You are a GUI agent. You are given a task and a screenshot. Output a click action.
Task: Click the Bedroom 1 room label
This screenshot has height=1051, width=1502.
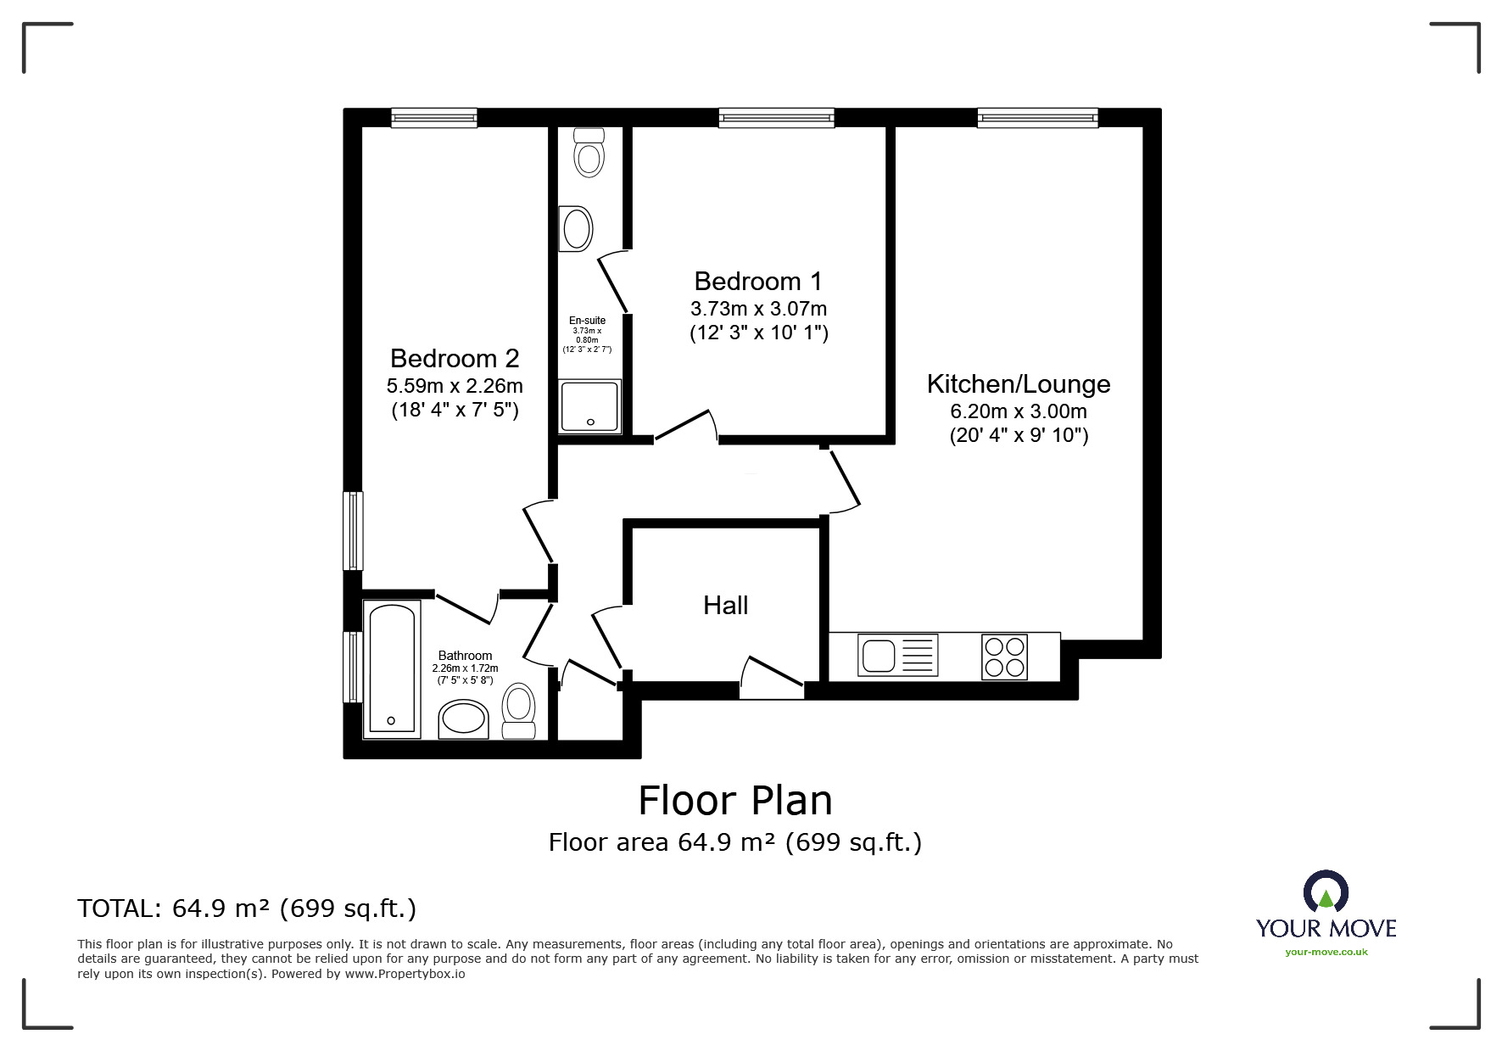tap(758, 281)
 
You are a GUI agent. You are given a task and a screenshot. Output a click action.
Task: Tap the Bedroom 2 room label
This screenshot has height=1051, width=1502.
tap(455, 358)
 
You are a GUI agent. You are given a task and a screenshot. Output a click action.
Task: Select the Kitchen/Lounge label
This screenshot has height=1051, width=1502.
tap(1019, 383)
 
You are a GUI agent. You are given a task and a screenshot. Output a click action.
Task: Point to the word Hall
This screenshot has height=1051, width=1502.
tap(726, 605)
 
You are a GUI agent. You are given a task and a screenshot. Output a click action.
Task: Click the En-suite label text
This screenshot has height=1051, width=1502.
tap(587, 321)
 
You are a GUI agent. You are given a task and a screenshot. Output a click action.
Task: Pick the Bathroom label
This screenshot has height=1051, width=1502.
tap(465, 656)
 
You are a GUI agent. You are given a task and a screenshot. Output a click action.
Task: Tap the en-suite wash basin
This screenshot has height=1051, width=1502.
tap(576, 228)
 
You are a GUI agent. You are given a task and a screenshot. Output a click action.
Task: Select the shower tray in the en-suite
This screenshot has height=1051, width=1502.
tap(590, 405)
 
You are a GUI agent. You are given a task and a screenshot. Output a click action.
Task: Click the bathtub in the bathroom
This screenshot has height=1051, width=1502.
tap(392, 668)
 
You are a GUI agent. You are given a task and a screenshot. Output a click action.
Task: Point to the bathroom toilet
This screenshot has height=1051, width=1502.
tap(518, 711)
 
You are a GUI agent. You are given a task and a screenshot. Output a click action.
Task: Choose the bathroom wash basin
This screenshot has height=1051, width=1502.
tap(464, 719)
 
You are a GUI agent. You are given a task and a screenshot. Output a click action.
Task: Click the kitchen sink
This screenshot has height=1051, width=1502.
tap(898, 656)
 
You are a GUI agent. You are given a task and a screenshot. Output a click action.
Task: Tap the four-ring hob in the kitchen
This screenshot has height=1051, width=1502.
tap(1005, 657)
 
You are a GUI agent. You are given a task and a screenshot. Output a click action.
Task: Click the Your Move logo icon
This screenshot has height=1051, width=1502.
tap(1326, 892)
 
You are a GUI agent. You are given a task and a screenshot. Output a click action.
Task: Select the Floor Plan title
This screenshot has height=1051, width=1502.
tap(735, 800)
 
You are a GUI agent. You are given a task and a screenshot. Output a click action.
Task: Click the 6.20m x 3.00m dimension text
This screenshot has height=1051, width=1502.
tap(1019, 412)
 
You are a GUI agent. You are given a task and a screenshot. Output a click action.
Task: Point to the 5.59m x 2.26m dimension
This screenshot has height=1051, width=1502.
tap(455, 386)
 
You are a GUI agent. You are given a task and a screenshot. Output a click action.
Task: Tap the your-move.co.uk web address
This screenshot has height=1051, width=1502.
tap(1326, 952)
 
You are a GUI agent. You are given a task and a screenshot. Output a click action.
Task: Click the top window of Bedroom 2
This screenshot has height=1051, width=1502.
tap(434, 119)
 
